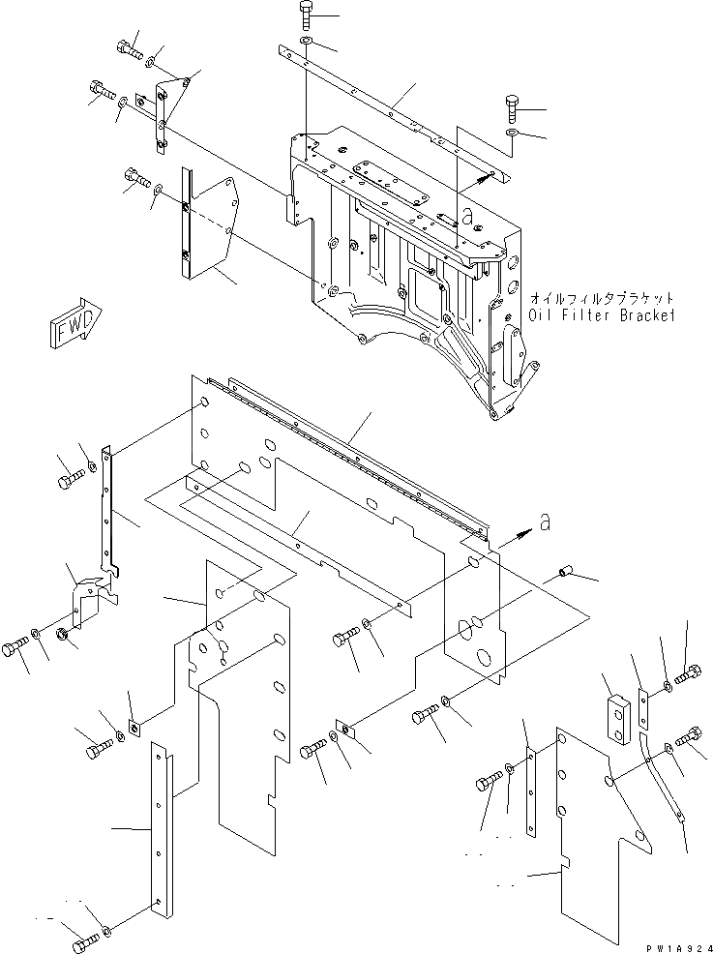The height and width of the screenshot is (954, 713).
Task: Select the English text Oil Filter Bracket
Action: pos(601,316)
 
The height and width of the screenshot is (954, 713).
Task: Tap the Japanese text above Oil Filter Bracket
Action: pos(601,299)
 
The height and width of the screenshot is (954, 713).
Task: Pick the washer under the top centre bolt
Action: pos(306,44)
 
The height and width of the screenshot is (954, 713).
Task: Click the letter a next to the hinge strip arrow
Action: pos(544,523)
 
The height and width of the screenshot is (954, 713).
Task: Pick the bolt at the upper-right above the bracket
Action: pos(513,105)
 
